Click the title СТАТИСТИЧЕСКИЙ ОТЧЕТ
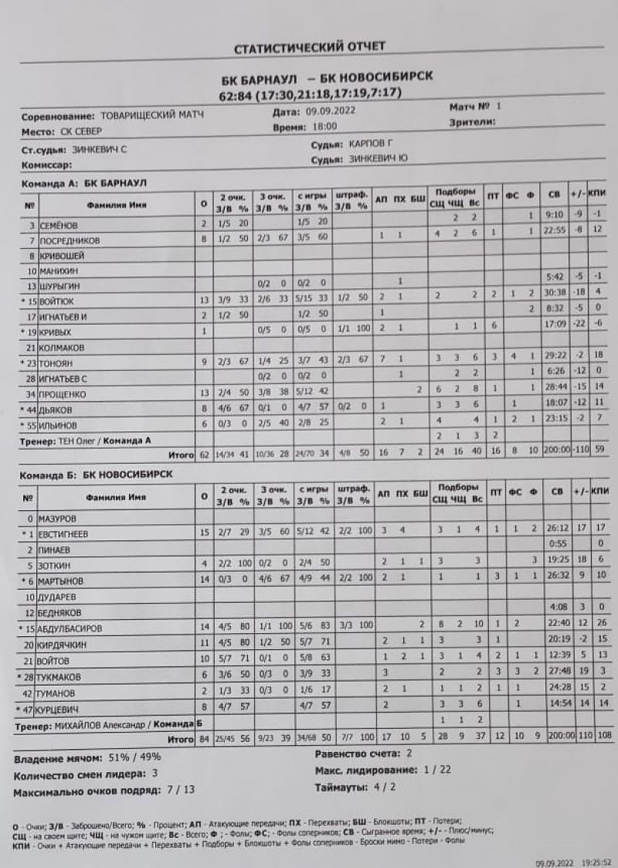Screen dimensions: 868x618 pyautogui.click(x=309, y=49)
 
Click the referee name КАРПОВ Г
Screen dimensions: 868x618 pyautogui.click(x=379, y=145)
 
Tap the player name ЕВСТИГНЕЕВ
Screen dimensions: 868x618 pyautogui.click(x=67, y=534)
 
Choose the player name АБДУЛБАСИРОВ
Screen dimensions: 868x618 pyautogui.click(x=75, y=627)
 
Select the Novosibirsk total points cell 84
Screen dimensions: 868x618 pyautogui.click(x=204, y=740)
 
